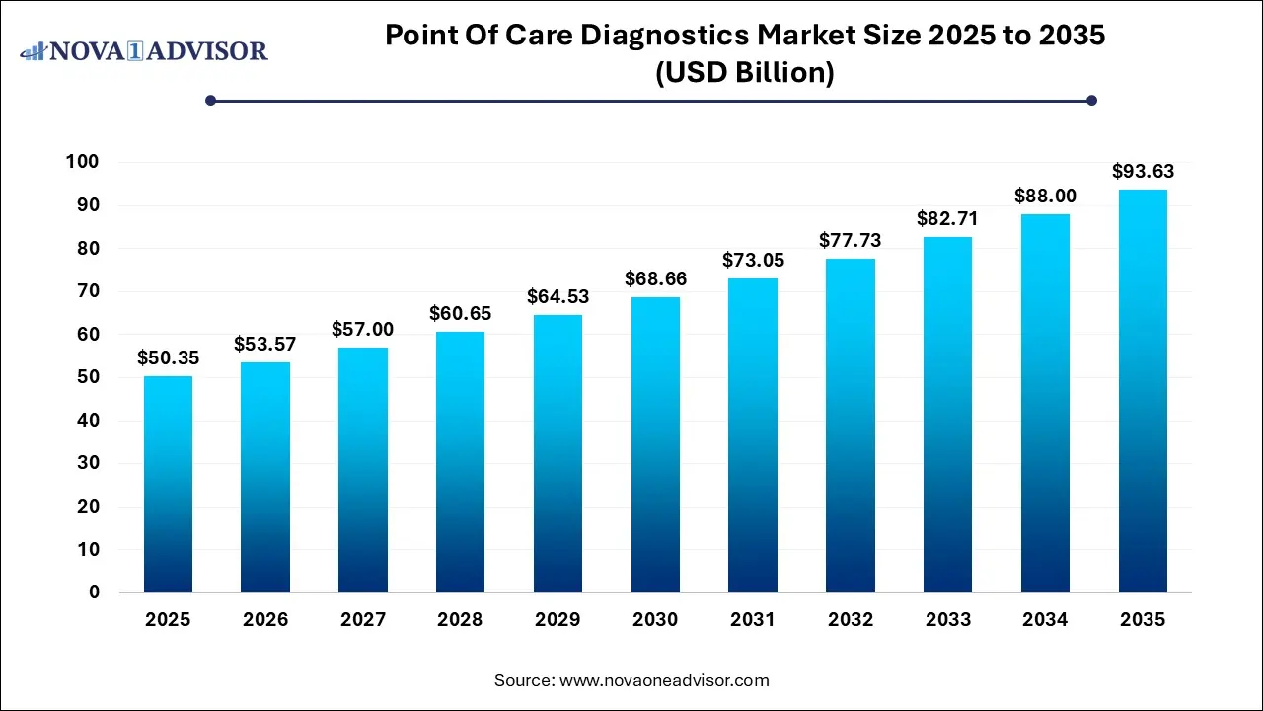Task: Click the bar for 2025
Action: point(168,484)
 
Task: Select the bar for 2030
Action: point(655,444)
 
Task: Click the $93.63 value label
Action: point(1143,172)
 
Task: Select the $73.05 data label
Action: point(753,261)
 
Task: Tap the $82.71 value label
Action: point(948,219)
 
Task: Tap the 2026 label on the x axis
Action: point(265,620)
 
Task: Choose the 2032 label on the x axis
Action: point(851,620)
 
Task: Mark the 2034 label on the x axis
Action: point(1045,620)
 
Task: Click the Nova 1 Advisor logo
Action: point(144,50)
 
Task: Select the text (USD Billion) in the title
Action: point(745,73)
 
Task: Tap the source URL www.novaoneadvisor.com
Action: point(664,680)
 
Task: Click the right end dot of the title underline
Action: point(1091,100)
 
